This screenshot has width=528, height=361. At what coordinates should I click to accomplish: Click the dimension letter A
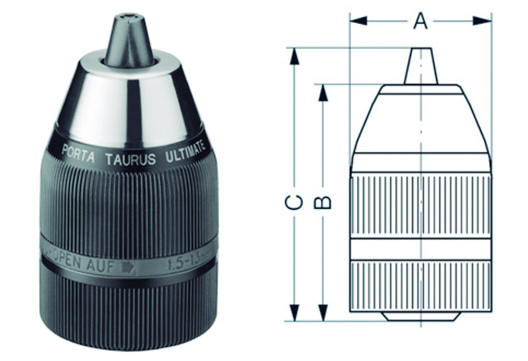(x=421, y=21)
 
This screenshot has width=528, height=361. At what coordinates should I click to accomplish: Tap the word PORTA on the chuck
(x=78, y=153)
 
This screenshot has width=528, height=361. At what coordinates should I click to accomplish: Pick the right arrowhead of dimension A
(x=483, y=21)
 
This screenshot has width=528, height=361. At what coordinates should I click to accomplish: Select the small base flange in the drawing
(x=421, y=316)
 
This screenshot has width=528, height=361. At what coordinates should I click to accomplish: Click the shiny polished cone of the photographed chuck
(x=129, y=98)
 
